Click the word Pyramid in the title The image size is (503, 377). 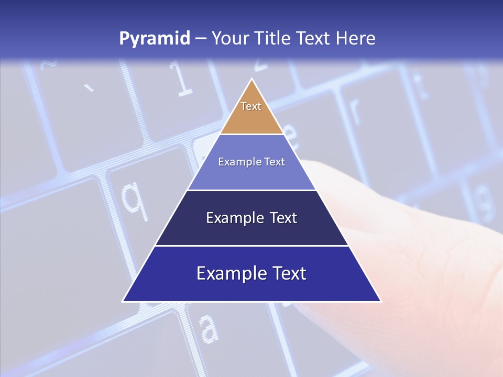click(155, 39)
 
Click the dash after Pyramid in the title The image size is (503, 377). click(201, 39)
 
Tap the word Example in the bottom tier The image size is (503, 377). click(229, 273)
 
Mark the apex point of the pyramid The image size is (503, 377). click(252, 79)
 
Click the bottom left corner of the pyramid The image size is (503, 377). click(123, 301)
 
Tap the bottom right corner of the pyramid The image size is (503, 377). click(380, 301)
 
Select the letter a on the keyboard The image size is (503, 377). click(209, 328)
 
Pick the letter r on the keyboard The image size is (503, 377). click(354, 110)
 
